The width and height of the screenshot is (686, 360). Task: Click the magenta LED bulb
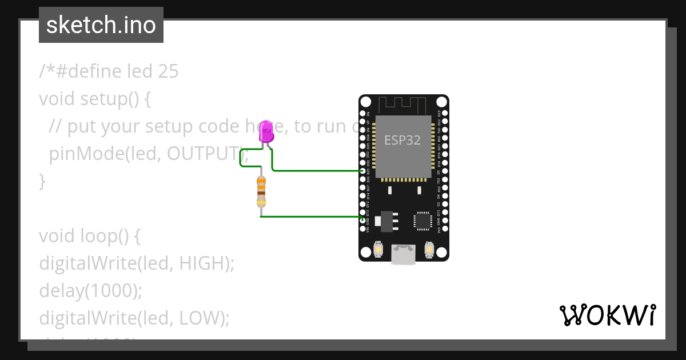266,132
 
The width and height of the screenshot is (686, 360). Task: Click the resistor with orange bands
261,191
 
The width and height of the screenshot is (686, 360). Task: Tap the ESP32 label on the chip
402,140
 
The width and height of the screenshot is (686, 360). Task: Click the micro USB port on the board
404,254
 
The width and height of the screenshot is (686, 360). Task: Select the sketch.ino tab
101,25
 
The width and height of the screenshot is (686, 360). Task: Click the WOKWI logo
607,315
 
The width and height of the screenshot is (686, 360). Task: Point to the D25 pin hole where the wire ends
362,171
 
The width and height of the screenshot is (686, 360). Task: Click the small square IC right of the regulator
423,220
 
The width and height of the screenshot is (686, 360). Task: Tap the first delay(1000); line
90,291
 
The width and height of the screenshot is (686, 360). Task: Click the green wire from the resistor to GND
309,217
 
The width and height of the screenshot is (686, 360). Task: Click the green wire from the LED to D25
314,170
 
